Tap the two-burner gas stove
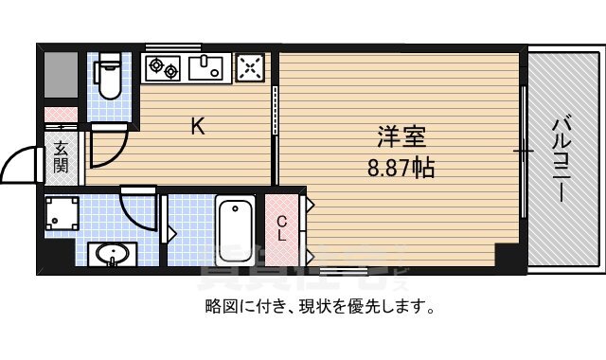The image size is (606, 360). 164,67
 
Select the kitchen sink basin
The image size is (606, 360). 205,67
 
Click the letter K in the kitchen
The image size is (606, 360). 198,126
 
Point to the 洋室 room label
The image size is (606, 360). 392,139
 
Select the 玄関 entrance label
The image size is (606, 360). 61,157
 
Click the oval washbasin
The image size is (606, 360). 113,256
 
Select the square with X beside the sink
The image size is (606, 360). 250,67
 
